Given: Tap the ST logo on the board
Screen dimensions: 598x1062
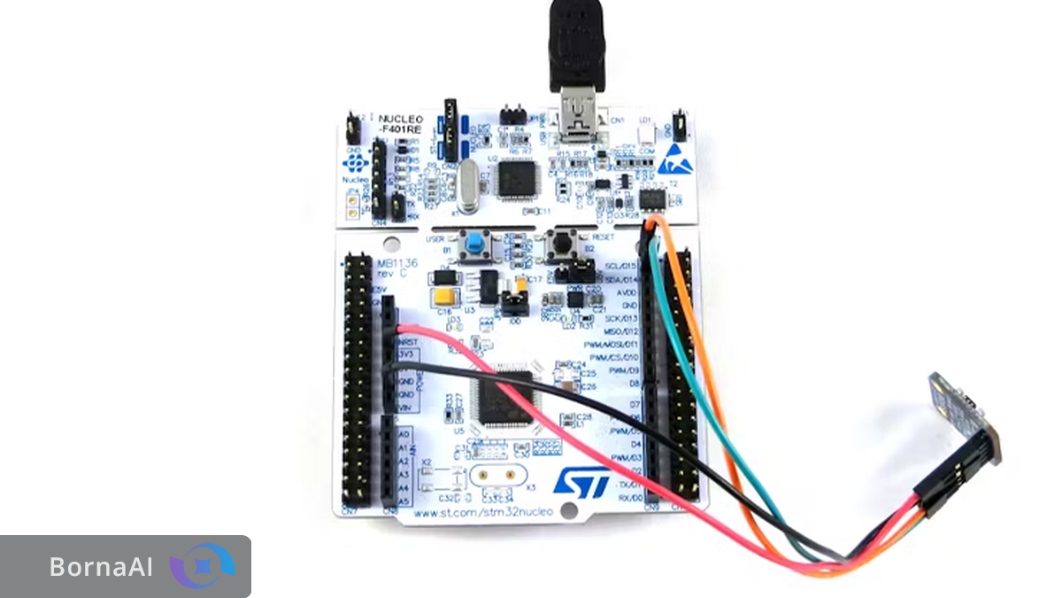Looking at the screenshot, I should [x=581, y=481].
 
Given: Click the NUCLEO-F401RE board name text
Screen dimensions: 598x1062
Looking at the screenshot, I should [x=400, y=125].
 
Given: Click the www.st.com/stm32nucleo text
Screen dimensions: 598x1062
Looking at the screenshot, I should [x=483, y=511].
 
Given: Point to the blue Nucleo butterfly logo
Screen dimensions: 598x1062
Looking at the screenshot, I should [x=354, y=164].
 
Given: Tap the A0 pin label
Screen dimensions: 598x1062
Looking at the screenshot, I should [x=404, y=434].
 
